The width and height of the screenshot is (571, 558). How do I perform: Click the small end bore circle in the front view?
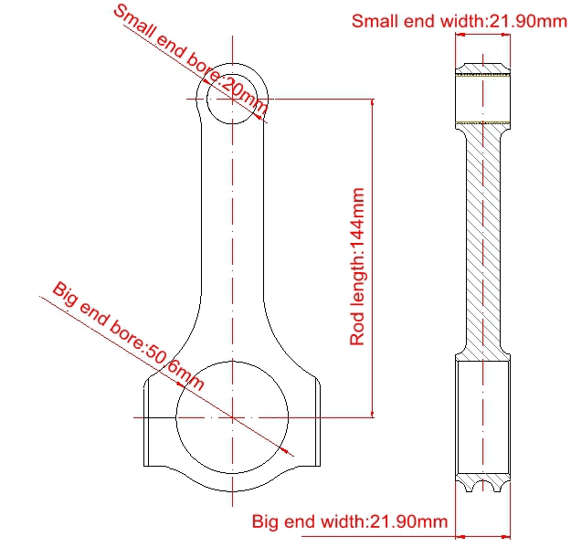(207, 99)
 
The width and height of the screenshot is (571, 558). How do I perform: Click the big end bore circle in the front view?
(176, 417)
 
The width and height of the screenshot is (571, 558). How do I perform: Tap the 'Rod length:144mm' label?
(357, 267)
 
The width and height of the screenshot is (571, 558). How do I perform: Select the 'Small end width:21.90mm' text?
(460, 21)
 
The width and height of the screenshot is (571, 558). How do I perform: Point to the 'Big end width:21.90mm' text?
(350, 521)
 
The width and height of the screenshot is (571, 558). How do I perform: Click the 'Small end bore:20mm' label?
(190, 59)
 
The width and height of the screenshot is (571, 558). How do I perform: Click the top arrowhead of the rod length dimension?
(372, 102)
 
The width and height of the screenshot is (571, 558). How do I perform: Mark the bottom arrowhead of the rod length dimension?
(372, 414)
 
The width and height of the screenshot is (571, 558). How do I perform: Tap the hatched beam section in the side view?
(483, 240)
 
